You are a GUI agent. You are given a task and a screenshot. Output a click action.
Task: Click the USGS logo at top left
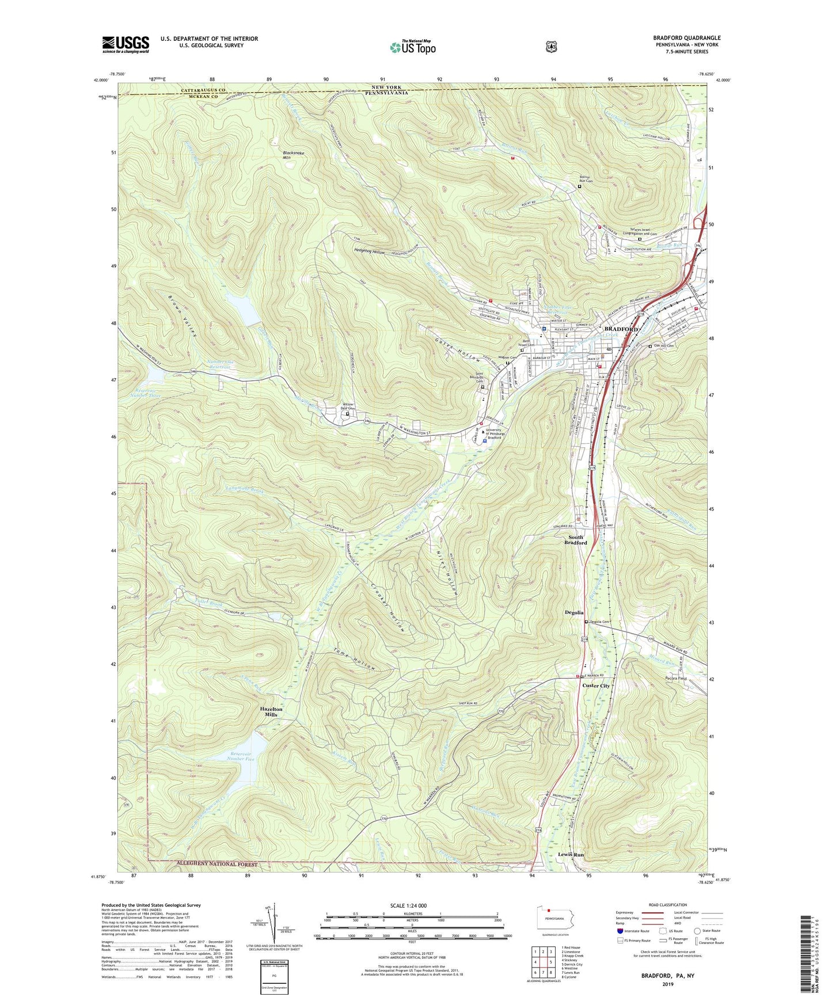pos(126,44)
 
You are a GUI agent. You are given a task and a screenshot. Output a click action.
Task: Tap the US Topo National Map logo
pos(412,47)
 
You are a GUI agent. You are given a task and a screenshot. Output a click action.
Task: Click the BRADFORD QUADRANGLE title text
pos(686,38)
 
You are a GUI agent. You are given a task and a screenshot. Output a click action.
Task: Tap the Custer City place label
pos(596,686)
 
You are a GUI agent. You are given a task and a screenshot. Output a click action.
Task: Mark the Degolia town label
pos(574,613)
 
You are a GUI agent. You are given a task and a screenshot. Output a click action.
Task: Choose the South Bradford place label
pos(575,540)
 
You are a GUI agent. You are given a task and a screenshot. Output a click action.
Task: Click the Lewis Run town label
pos(571,855)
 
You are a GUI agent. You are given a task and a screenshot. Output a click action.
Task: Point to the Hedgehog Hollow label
pos(370,252)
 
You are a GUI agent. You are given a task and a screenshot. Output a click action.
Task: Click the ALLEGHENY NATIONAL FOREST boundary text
pos(210,864)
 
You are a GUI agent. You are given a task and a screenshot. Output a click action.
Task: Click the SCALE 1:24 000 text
pos(408,905)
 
